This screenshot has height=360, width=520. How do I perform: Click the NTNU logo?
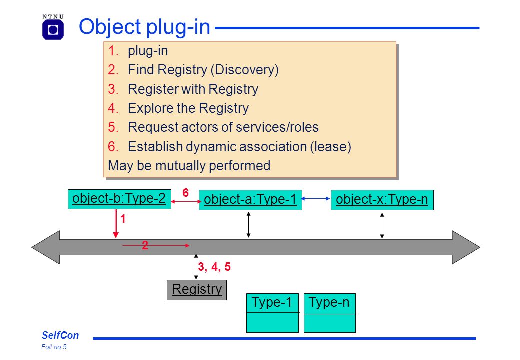tap(53, 27)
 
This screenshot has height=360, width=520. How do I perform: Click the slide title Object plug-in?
tap(144, 27)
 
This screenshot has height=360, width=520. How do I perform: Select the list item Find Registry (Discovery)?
tap(203, 70)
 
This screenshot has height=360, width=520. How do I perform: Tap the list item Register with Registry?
tap(193, 89)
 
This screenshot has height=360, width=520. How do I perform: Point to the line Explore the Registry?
tap(188, 108)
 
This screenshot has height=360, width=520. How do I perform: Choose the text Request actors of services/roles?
tap(223, 127)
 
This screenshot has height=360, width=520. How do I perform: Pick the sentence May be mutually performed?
tap(189, 165)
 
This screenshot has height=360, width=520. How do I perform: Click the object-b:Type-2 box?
tap(119, 199)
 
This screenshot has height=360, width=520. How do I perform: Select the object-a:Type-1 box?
tap(250, 200)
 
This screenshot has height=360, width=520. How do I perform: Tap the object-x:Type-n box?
tap(382, 200)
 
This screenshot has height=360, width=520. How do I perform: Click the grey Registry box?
tap(197, 290)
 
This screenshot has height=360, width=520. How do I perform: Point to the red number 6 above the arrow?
tap(185, 192)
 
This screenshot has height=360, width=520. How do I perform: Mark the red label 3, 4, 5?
tap(214, 267)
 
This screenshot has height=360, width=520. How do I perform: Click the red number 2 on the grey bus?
tap(145, 245)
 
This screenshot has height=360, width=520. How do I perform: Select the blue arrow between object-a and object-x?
tap(316, 199)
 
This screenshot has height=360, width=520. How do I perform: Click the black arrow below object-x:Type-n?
tap(382, 225)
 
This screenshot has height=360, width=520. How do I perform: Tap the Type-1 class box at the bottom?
tap(272, 313)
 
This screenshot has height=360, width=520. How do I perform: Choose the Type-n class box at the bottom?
tap(330, 313)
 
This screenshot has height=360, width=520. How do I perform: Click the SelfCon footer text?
tap(60, 335)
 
